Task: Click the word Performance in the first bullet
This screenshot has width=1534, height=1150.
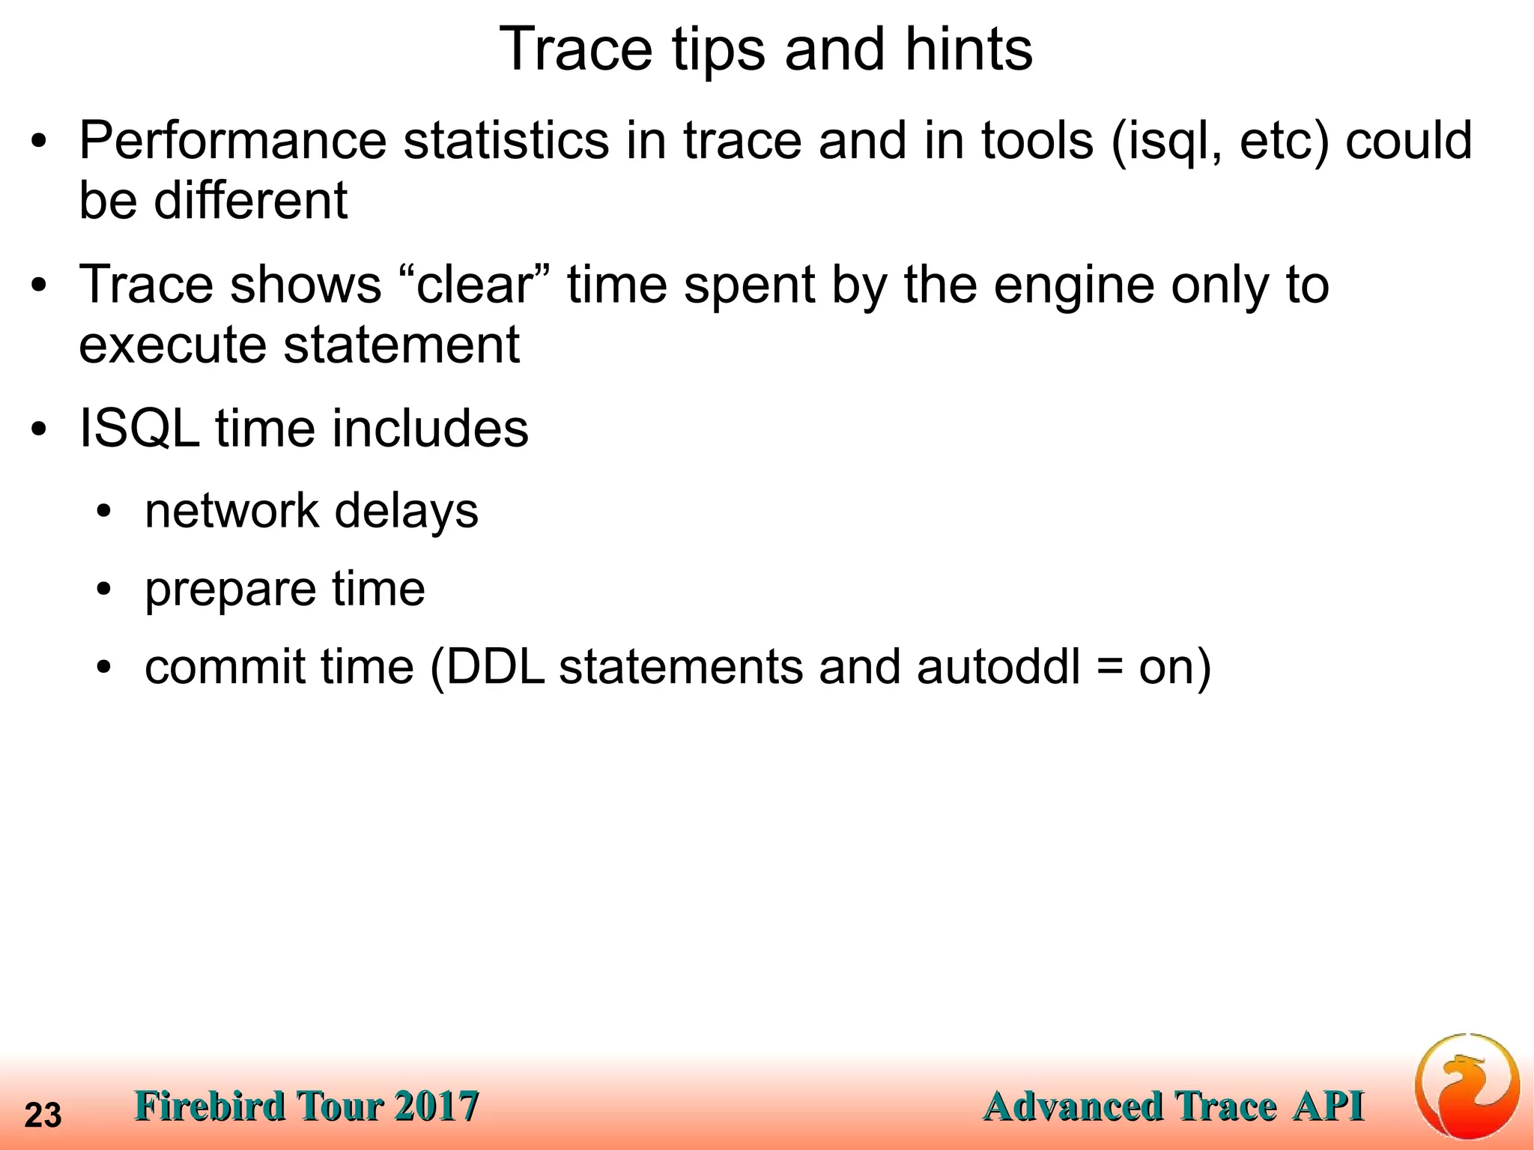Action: point(233,141)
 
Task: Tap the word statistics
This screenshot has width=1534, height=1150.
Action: point(506,141)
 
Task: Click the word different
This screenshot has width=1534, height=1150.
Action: point(250,201)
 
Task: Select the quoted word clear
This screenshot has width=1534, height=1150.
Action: point(473,285)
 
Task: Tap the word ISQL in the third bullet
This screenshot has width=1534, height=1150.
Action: point(139,429)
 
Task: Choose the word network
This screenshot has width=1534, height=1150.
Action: point(232,511)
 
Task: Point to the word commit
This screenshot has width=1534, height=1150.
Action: point(225,667)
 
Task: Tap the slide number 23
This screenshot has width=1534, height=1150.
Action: point(43,1116)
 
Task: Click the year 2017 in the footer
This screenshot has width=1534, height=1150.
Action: point(436,1107)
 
